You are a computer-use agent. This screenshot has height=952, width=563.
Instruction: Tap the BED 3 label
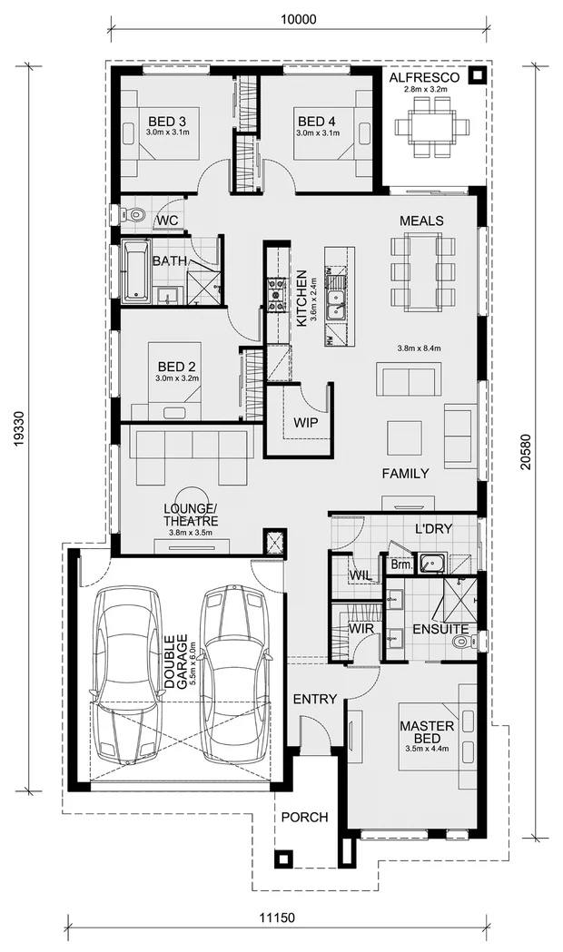pos(168,122)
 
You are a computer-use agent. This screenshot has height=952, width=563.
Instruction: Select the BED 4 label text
pos(317,122)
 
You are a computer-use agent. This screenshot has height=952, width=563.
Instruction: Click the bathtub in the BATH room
pos(136,270)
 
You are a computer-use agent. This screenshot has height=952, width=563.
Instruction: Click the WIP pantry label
pos(305,422)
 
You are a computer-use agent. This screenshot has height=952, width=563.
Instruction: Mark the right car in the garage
pos(233,672)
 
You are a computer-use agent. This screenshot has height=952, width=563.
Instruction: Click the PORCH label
pos(303,817)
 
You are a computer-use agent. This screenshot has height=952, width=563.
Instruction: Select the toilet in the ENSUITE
pos(459,643)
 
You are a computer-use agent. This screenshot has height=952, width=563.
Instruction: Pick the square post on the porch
pos(286,858)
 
